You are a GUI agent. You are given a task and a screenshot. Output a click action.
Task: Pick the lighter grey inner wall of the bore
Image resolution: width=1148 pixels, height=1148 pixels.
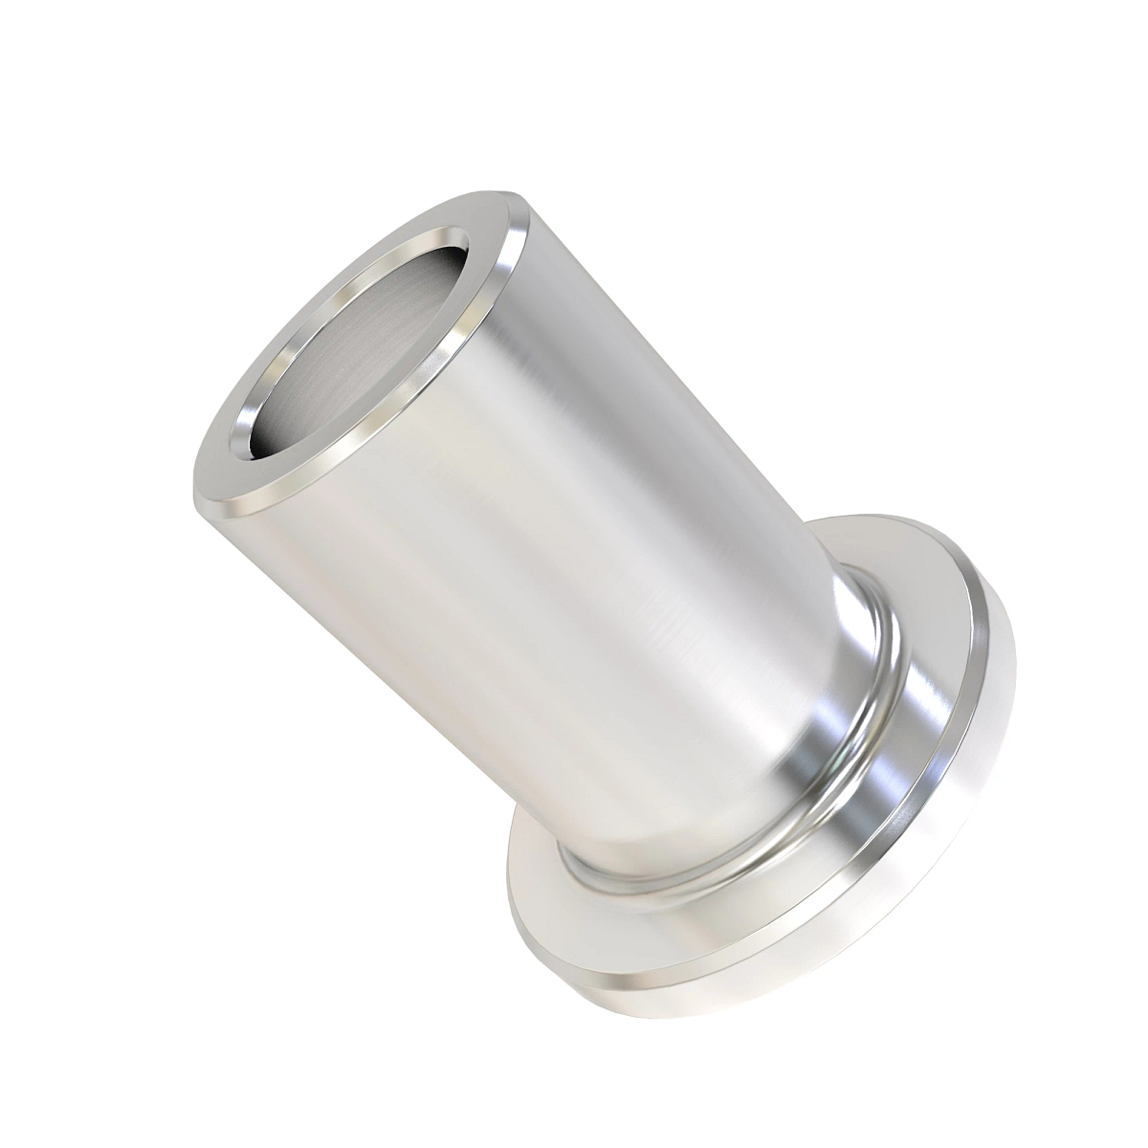coord(383,325)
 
